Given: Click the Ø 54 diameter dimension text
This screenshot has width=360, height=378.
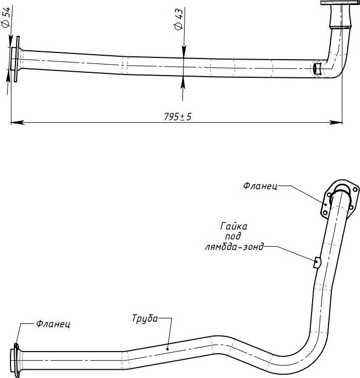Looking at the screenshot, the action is [x=6, y=17].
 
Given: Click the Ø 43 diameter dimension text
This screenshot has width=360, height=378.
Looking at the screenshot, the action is [x=179, y=19].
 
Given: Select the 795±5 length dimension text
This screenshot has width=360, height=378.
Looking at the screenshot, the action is [x=178, y=116].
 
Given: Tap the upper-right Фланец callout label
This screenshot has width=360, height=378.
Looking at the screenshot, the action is [x=260, y=186].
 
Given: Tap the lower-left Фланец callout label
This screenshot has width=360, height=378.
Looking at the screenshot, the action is [x=53, y=323].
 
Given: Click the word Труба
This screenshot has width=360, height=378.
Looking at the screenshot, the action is [x=145, y=318].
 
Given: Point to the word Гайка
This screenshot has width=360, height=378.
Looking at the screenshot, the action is [x=234, y=226].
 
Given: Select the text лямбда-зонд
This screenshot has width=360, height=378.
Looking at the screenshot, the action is [x=234, y=247].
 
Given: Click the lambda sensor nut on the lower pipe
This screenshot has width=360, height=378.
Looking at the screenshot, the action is [x=317, y=262].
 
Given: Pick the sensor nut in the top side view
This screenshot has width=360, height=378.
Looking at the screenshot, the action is [x=318, y=69].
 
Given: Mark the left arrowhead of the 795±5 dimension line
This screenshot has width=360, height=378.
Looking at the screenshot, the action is [x=18, y=123].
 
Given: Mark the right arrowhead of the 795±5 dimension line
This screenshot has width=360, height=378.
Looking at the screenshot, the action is [x=336, y=123].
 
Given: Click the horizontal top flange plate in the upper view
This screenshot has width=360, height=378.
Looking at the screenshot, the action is [x=340, y=3].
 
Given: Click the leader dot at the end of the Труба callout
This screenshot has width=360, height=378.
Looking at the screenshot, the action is [x=168, y=349].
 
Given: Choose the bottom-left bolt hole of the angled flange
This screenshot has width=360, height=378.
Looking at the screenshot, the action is [x=325, y=212].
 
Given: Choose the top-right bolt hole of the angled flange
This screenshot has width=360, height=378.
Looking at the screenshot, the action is [x=355, y=189].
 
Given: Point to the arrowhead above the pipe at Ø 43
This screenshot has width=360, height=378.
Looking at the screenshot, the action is [x=184, y=51].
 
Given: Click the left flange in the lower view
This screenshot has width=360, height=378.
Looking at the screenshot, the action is [x=17, y=360].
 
